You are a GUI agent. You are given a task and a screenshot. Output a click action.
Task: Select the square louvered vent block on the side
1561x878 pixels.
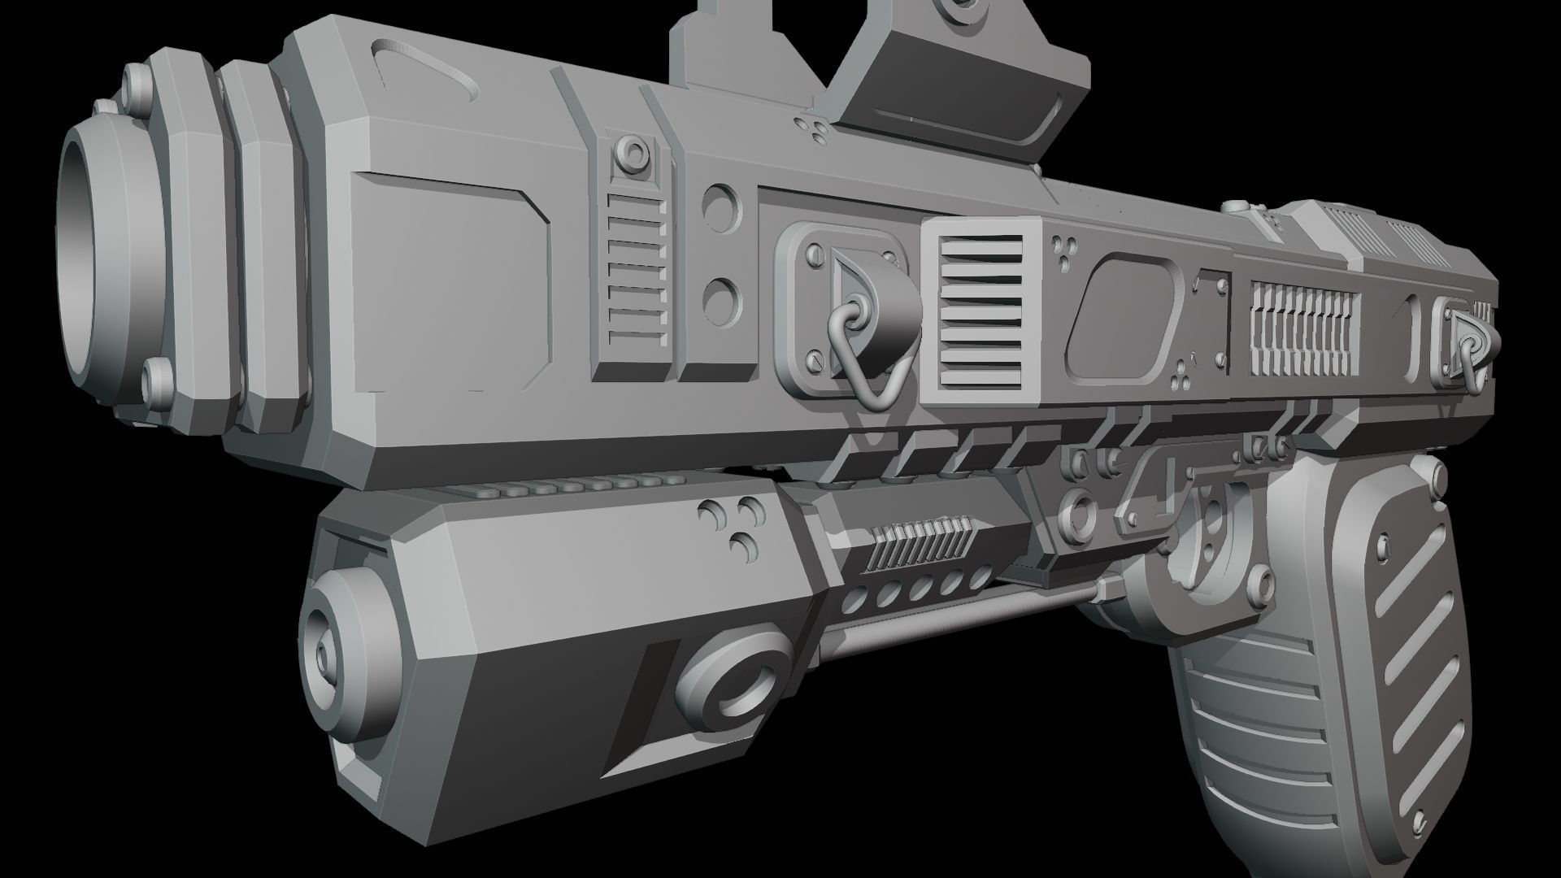[981, 313]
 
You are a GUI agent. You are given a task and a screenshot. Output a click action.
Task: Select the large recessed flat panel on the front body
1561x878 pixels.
[451, 280]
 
